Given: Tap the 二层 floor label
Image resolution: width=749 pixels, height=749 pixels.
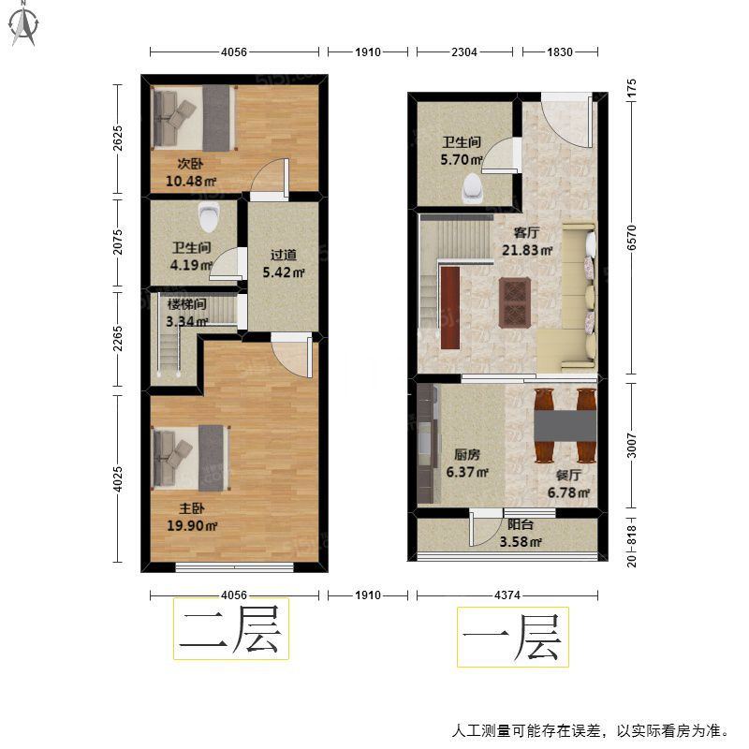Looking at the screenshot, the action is [230, 628].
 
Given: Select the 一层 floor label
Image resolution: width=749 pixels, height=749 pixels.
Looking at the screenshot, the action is [512, 637].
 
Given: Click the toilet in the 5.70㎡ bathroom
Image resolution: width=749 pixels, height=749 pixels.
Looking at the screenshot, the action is [473, 188].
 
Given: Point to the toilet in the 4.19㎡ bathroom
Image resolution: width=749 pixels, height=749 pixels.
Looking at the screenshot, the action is [209, 217].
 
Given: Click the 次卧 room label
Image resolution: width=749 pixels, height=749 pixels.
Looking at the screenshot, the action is [191, 164].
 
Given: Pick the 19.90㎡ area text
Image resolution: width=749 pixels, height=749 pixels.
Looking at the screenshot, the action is [192, 525].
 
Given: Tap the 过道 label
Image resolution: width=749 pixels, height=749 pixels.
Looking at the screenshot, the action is [284, 255].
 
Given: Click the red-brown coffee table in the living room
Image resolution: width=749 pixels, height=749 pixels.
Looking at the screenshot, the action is [514, 302].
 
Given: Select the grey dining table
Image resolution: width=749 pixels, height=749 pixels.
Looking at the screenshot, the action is [565, 426].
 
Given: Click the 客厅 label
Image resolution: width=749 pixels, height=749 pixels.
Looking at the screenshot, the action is [526, 232].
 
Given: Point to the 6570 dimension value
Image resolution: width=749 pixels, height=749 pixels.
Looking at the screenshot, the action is [631, 238].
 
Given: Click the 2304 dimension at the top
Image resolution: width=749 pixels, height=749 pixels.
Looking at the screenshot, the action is [464, 51].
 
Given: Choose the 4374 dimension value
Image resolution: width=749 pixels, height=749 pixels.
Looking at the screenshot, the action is [507, 595].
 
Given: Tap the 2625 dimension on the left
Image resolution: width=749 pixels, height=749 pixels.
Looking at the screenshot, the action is [118, 139].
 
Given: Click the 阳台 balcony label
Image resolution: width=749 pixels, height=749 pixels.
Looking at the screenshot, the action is [521, 524].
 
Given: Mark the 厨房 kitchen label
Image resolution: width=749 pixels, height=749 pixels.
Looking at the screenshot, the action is [467, 454].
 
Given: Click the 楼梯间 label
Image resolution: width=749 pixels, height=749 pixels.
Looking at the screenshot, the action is [186, 304].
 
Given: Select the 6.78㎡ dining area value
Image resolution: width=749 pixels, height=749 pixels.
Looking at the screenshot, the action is [568, 492].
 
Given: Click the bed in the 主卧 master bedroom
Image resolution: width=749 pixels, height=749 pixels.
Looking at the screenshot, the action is [191, 458].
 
